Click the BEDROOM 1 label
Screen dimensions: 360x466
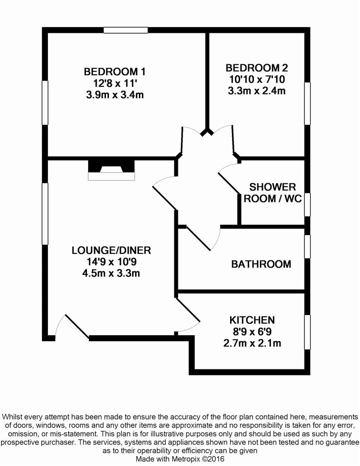point(115,72)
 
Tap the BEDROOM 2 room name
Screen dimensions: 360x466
point(257,68)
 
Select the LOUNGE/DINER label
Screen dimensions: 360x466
point(111,250)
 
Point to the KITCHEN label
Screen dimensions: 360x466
point(252,320)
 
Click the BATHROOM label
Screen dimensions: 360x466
point(261,264)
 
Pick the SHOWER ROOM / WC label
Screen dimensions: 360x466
point(273,192)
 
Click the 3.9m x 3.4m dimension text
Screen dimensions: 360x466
point(115,95)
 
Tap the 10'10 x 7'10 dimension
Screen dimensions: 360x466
point(257,79)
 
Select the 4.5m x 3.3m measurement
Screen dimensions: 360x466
point(111,273)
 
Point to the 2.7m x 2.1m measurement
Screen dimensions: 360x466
point(252,343)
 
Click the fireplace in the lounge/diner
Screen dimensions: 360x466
point(111,170)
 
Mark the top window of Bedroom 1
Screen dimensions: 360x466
point(126,30)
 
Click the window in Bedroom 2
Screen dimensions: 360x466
point(307,104)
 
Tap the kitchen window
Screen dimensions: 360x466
point(307,332)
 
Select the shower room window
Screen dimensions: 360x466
point(307,205)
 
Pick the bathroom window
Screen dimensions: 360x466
point(307,246)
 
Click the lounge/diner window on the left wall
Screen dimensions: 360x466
point(45,214)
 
